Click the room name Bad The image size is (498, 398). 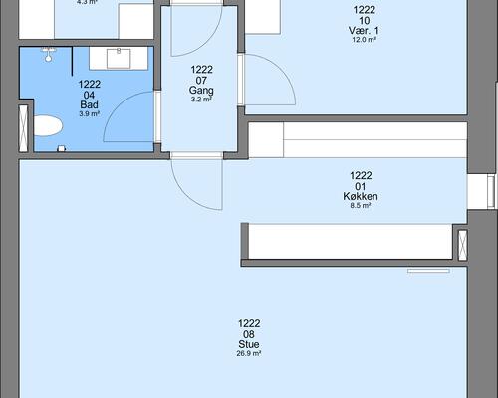pos(89,104)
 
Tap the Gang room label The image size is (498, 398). pos(201,90)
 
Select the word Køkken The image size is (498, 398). pos(361,196)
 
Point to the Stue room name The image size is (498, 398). pos(249,344)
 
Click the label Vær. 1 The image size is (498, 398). pos(364,31)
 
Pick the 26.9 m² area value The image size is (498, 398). pos(249,353)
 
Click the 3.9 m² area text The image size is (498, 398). pos(90,114)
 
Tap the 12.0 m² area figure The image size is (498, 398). pos(364,40)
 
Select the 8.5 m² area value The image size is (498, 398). pos(361,205)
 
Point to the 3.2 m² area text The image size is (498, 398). pos(201,99)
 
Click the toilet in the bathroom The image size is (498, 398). pos(48,125)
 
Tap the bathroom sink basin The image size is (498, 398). pos(119,59)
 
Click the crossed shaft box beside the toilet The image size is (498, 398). pos(23,128)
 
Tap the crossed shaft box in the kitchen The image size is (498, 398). pos(462,245)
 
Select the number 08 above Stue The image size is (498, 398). pos(249,334)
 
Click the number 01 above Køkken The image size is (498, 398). pos(361,186)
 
